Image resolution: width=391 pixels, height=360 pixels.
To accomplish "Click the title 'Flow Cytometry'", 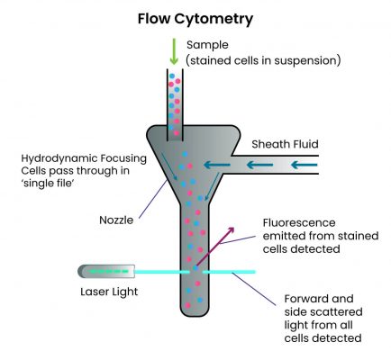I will pyautogui.click(x=195, y=18).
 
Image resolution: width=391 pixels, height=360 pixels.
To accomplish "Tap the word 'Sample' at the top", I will pyautogui.click(x=208, y=44).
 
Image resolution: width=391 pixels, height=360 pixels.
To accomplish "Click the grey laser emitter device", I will pyautogui.click(x=107, y=270).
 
